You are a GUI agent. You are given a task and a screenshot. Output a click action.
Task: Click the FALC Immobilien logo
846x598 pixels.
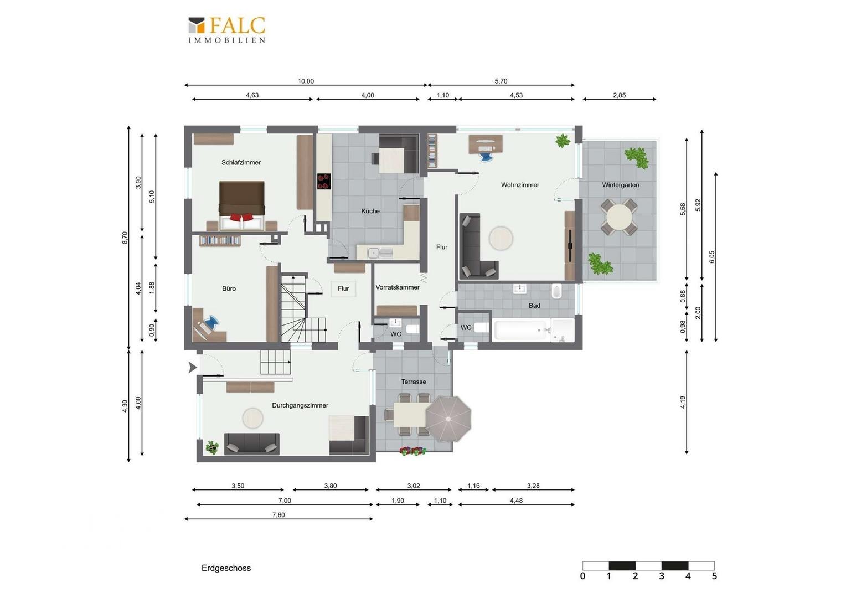[x=227, y=30]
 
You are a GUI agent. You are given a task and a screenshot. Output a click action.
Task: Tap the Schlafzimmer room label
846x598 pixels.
[x=241, y=162]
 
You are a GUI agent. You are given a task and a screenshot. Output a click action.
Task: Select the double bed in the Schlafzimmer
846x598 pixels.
[x=242, y=205]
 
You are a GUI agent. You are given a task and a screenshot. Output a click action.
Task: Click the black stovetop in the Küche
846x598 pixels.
[x=324, y=181]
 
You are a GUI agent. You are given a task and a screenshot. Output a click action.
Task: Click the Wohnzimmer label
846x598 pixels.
[x=520, y=185]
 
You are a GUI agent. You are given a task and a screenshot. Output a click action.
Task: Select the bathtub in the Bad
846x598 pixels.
[x=521, y=330]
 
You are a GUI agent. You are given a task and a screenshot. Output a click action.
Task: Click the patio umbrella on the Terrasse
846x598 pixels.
[x=448, y=419]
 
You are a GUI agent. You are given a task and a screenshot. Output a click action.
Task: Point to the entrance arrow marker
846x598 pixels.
[x=193, y=367]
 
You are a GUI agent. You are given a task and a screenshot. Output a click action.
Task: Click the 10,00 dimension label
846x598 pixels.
[x=306, y=81]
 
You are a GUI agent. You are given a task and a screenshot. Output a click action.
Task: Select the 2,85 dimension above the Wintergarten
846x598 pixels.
[x=619, y=95]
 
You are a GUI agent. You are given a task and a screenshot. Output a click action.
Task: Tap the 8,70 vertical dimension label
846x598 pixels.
[x=125, y=238]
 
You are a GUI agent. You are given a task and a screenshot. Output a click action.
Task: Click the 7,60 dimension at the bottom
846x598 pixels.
[x=278, y=515]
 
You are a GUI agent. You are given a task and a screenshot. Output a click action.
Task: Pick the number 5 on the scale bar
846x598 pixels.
[x=714, y=576]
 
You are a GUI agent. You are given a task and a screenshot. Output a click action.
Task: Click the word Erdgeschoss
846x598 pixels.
[x=226, y=568]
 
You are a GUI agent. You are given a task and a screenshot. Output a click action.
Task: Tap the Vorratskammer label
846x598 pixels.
[x=398, y=287]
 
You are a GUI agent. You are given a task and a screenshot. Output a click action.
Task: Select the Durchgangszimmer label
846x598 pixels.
[x=300, y=405]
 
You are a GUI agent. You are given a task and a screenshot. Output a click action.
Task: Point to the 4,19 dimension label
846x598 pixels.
[x=683, y=402]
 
